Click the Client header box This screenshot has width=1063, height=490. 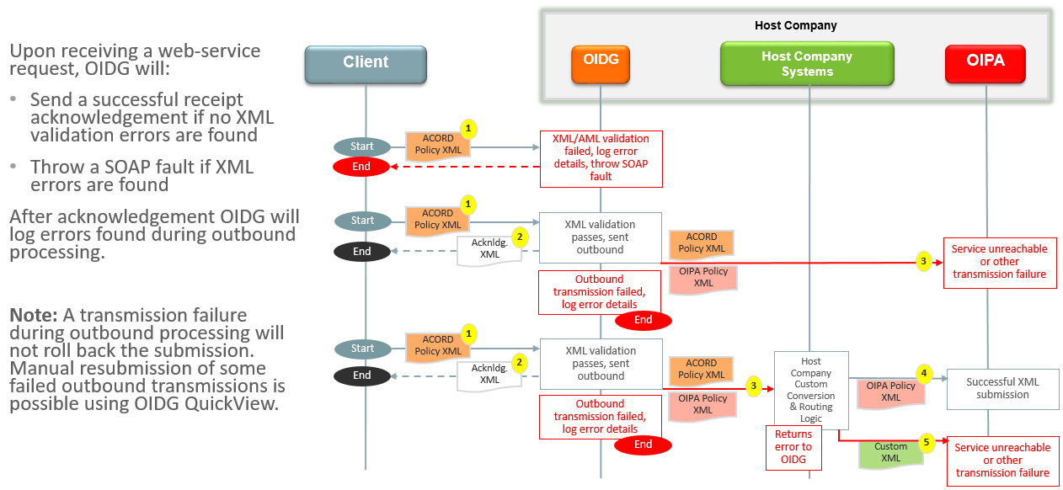pyautogui.click(x=366, y=62)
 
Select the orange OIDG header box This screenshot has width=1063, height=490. pyautogui.click(x=601, y=61)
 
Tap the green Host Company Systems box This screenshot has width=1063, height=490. pyautogui.click(x=807, y=64)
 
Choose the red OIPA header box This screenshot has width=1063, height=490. pyautogui.click(x=986, y=61)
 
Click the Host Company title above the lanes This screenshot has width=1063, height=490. pyautogui.click(x=795, y=25)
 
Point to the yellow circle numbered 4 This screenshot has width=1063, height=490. pyautogui.click(x=925, y=373)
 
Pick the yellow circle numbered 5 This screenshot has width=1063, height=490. pyautogui.click(x=927, y=441)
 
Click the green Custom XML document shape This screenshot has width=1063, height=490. pyautogui.click(x=891, y=453)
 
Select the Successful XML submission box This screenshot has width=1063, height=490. pyautogui.click(x=1002, y=388)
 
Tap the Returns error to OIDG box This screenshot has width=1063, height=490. pyautogui.click(x=793, y=447)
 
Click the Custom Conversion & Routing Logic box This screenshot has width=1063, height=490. pyautogui.click(x=811, y=390)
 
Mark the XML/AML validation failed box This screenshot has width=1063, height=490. pyautogui.click(x=601, y=158)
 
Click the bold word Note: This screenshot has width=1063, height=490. pyautogui.click(x=33, y=316)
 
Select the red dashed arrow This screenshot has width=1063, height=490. pyautogui.click(x=464, y=167)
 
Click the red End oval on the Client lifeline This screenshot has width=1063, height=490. pyautogui.click(x=361, y=167)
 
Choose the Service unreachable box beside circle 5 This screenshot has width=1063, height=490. pyautogui.click(x=1002, y=461)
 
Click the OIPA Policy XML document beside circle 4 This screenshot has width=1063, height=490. pyautogui.click(x=890, y=391)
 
